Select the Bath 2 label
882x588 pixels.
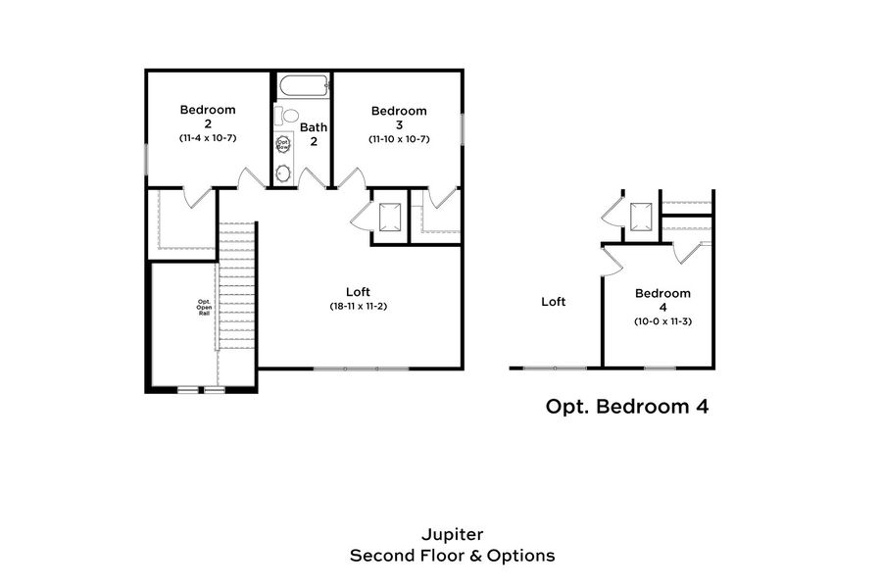(x=314, y=133)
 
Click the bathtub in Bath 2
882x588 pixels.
(x=302, y=86)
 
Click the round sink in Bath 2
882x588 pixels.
(x=283, y=173)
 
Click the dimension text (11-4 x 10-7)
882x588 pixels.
(x=208, y=138)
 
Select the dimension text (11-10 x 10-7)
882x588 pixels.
(x=399, y=138)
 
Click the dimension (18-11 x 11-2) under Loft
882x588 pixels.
(x=359, y=307)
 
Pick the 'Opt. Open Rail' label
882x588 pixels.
(x=204, y=307)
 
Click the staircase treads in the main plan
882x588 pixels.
(x=236, y=284)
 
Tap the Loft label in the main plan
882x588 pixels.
(x=359, y=291)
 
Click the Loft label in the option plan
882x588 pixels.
(x=554, y=302)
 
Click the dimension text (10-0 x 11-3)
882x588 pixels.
(x=662, y=321)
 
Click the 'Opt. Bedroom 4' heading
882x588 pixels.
(x=626, y=406)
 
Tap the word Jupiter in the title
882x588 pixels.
(x=452, y=535)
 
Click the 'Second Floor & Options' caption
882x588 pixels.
(x=452, y=556)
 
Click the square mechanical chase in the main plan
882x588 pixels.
(x=390, y=216)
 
